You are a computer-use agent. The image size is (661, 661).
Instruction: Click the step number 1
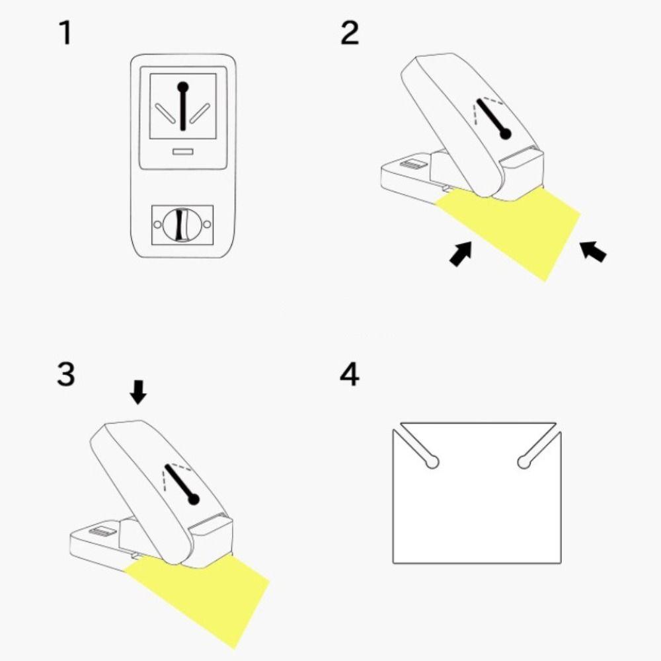point(65,33)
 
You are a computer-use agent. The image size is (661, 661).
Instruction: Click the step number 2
point(350,33)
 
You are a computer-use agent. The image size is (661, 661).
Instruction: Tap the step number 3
point(65,373)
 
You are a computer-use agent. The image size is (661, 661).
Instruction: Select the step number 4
point(350,374)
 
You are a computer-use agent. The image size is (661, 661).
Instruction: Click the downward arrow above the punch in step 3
point(138,392)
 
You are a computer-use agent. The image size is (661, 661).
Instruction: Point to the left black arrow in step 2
point(461,253)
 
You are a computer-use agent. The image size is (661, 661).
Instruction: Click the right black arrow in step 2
point(593,251)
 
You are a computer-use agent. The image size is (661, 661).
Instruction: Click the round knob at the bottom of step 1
point(182,225)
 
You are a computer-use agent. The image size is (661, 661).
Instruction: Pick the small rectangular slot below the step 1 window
point(182,151)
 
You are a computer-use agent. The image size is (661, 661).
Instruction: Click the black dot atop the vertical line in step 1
point(183,87)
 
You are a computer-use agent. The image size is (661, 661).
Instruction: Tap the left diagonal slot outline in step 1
point(165,113)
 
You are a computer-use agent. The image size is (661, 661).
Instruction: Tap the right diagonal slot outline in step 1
point(200,113)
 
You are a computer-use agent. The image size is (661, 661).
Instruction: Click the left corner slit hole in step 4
point(416,449)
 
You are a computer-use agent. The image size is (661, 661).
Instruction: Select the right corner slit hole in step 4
point(539,449)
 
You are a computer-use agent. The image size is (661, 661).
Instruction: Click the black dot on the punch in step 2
point(505,134)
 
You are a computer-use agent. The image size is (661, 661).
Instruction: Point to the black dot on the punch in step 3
point(194,499)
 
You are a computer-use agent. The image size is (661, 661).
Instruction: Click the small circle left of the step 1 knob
point(158,225)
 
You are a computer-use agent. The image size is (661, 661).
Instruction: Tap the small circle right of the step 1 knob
point(207,225)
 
